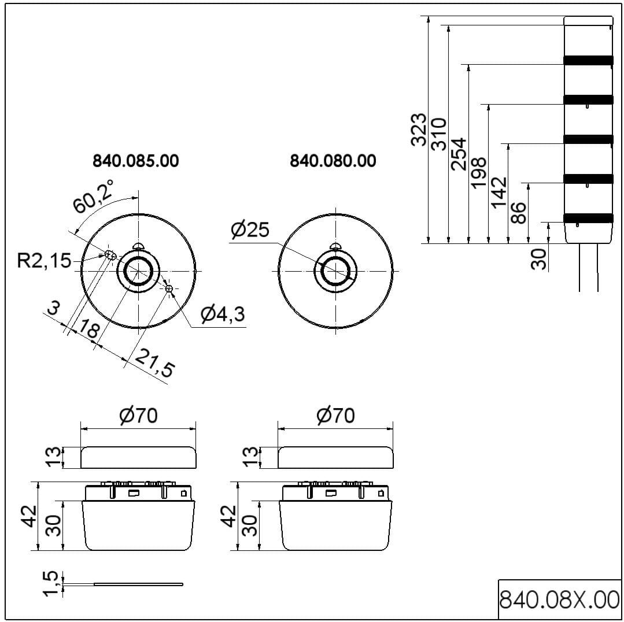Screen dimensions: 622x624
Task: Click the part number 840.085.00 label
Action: pyautogui.click(x=136, y=161)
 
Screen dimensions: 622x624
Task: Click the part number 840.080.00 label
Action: pyautogui.click(x=333, y=161)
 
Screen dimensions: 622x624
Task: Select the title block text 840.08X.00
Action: pyautogui.click(x=559, y=599)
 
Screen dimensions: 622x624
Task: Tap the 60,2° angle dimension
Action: pyautogui.click(x=93, y=197)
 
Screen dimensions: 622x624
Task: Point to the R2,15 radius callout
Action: pyautogui.click(x=44, y=261)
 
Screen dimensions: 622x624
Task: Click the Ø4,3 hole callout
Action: pyautogui.click(x=222, y=314)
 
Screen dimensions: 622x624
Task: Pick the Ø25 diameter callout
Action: pyautogui.click(x=250, y=230)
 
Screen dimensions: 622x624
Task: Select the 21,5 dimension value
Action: pyautogui.click(x=154, y=364)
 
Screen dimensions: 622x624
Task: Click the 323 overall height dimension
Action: pyautogui.click(x=419, y=129)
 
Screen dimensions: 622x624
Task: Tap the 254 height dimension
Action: pyautogui.click(x=459, y=154)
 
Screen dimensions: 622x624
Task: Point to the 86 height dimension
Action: pyautogui.click(x=519, y=212)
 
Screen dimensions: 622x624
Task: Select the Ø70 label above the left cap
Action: pyautogui.click(x=138, y=416)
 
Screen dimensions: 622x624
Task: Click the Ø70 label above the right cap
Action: pyautogui.click(x=335, y=416)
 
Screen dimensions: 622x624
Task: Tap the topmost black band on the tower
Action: pyautogui.click(x=588, y=60)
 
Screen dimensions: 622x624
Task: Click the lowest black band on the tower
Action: pyautogui.click(x=588, y=218)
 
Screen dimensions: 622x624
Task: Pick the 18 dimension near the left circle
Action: pyautogui.click(x=89, y=329)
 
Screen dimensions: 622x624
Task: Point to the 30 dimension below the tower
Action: pyautogui.click(x=539, y=258)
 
